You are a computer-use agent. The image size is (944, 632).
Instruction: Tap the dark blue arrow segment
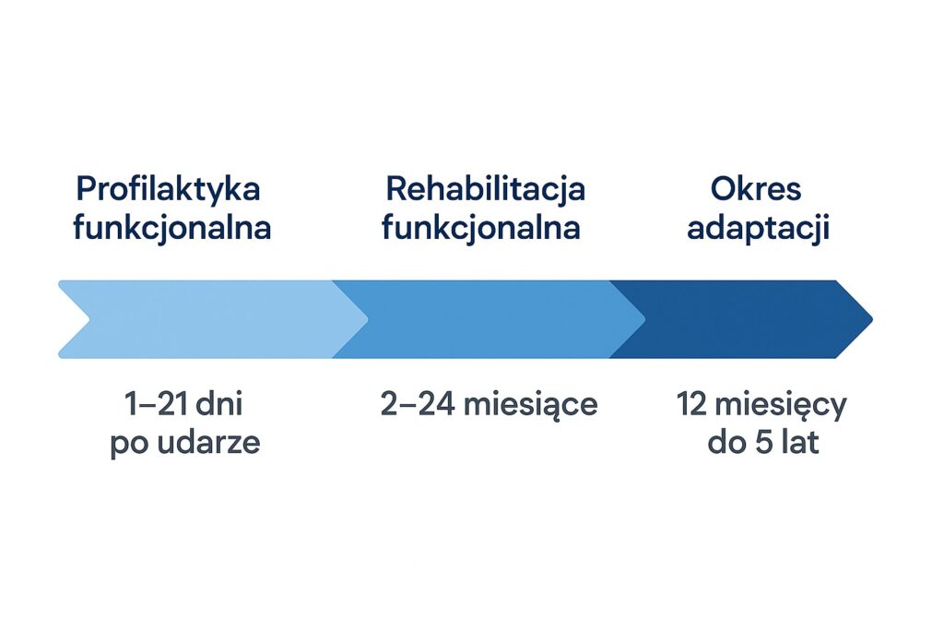point(740,319)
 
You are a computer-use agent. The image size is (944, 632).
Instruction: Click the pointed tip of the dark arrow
point(872,319)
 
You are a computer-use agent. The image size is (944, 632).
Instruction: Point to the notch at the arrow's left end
point(89,319)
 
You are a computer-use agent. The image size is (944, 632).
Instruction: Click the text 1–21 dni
point(183,404)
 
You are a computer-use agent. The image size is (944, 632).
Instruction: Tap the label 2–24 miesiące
point(489,405)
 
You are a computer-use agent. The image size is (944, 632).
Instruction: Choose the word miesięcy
point(781,406)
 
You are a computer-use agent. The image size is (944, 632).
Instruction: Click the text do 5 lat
point(763,442)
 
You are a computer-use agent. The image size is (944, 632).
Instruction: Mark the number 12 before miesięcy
point(691,404)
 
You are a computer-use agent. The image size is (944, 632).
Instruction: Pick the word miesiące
point(530,405)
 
